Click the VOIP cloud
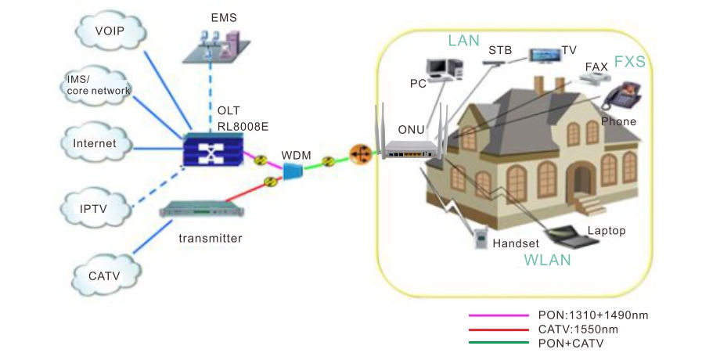110,31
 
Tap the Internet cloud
95,142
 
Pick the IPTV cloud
95,208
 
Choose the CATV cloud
106,275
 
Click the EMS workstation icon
216,46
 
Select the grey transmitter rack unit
202,209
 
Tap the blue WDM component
292,171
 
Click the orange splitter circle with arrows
360,154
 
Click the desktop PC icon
444,70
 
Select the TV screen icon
545,55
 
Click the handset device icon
481,239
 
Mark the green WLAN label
547,260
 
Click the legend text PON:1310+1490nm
593,315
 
